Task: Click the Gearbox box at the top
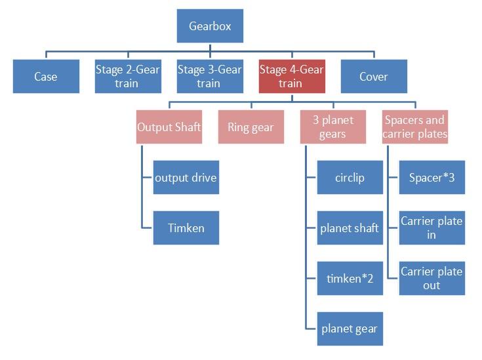click(210, 26)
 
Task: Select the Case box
click(46, 76)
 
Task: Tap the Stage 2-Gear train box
click(127, 76)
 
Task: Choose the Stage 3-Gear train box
click(209, 76)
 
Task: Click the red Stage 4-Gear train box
click(291, 76)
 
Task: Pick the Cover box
click(374, 76)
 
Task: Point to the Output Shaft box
click(169, 127)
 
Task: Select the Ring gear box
click(251, 127)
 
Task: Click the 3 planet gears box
click(332, 127)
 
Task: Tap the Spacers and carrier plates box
click(414, 127)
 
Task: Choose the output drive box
click(186, 177)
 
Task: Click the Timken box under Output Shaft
click(186, 228)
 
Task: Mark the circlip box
click(350, 177)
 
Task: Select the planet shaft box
click(350, 228)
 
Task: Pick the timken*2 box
click(350, 278)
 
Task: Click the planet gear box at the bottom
click(350, 329)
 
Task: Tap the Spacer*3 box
click(432, 177)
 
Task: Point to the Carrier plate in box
click(432, 228)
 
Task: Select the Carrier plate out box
click(432, 278)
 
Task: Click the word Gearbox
click(210, 27)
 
